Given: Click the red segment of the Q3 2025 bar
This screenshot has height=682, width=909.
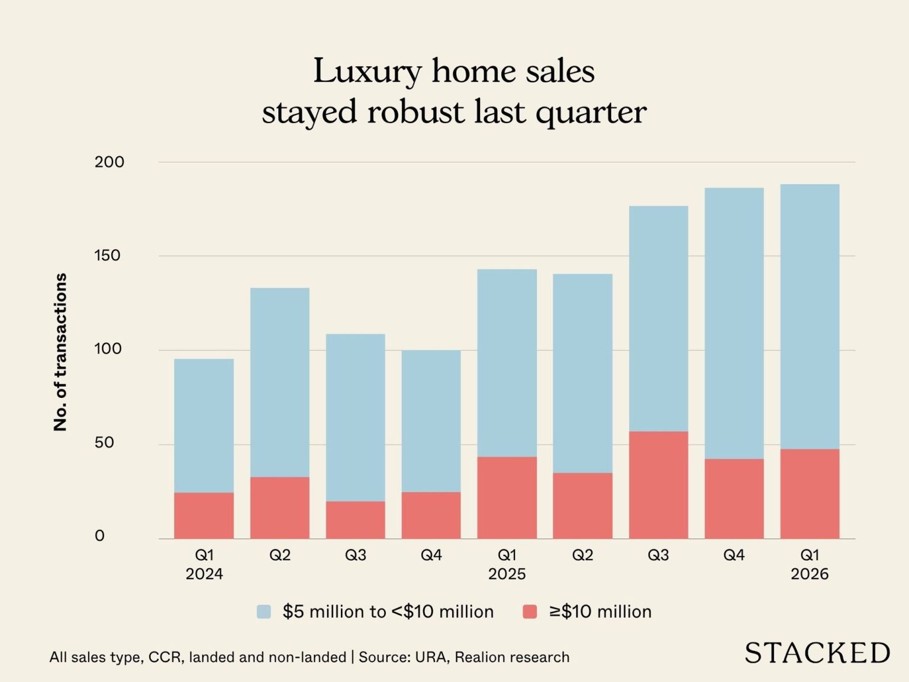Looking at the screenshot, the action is pos(658,485).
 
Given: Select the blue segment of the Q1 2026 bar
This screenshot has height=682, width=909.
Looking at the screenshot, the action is pos(810,317).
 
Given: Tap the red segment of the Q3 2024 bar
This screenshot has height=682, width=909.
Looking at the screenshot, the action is pos(355,520).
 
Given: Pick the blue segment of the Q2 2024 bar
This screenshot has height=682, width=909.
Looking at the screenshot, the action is pos(279,382).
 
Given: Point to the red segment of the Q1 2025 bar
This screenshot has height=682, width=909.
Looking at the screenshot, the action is pos(507,497).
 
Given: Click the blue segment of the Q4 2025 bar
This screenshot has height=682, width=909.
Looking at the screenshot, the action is pos(734,323).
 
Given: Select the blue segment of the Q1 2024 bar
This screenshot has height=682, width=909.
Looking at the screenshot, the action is pos(204,426).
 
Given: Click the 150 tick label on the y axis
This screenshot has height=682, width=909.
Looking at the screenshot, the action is pos(107,256).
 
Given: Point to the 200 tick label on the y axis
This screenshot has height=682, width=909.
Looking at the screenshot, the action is pos(109,162).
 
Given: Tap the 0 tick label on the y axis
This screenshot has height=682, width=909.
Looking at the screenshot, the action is pos(99,536).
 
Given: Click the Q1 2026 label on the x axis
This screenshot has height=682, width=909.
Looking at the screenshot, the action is pos(810,564).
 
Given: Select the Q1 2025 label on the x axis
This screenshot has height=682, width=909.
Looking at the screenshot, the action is pos(507,564).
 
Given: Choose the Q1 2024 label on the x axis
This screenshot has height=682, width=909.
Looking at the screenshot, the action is pos(204,564).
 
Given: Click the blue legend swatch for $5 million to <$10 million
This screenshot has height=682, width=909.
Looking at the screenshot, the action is pos(263,612).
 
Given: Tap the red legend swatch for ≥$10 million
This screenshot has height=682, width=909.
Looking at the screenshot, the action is pos(530,612).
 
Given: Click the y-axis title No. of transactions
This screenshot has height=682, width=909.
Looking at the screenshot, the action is pos(60,352).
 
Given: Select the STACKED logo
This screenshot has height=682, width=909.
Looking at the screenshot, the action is pos(817,653).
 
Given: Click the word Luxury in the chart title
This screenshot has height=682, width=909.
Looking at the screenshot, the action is pos(367,72).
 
